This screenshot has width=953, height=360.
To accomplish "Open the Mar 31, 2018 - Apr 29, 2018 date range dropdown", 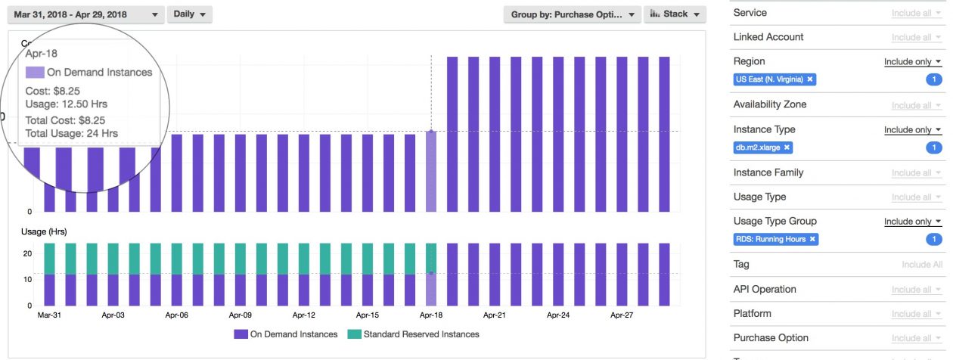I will (85, 14).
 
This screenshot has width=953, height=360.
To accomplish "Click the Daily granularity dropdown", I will (189, 14).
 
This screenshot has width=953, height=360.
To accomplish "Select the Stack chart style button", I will (675, 14).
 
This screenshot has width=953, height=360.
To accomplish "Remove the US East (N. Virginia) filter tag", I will (810, 79).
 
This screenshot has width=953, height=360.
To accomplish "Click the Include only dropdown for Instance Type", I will (913, 130).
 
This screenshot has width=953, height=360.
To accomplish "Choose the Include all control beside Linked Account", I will (916, 37).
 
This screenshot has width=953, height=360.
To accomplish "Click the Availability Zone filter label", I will (769, 104).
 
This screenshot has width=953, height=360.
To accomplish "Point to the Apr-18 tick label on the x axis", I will (431, 315).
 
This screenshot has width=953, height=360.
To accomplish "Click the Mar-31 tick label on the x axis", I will (50, 315).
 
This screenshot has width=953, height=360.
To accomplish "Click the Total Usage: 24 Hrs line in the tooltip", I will (71, 133).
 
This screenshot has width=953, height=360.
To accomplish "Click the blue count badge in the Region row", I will (934, 79).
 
